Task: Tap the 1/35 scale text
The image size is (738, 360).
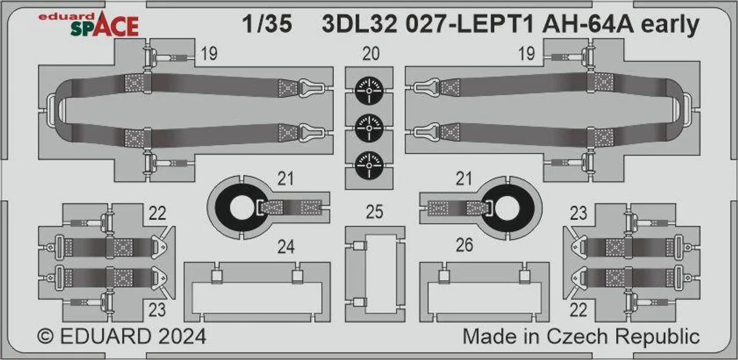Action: click(267, 24)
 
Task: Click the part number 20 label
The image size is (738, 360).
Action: click(371, 54)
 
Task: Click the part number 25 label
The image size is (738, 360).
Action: click(374, 212)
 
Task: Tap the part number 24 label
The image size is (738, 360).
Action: click(285, 246)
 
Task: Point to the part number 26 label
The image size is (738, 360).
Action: click(464, 245)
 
